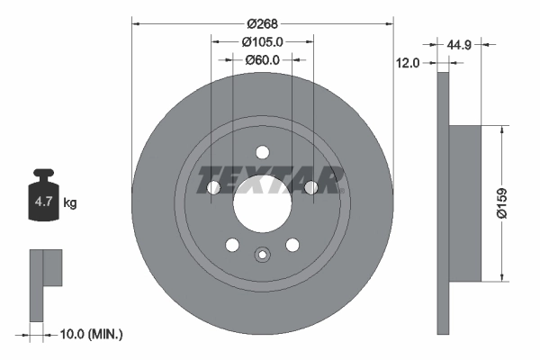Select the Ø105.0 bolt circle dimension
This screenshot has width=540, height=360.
tap(263, 41)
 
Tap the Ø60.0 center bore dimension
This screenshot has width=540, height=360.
tap(263, 60)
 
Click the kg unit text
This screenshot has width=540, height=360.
tap(70, 203)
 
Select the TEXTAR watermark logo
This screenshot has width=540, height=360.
tap(270, 180)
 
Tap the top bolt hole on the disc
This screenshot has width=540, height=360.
tap(262, 153)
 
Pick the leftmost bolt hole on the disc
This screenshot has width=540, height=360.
tap(214, 187)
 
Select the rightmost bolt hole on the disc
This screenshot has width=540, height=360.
tap(310, 187)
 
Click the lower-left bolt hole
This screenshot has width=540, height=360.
tap(232, 244)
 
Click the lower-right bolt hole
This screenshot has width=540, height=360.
tap(292, 244)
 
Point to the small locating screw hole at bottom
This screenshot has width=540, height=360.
tap(262, 255)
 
